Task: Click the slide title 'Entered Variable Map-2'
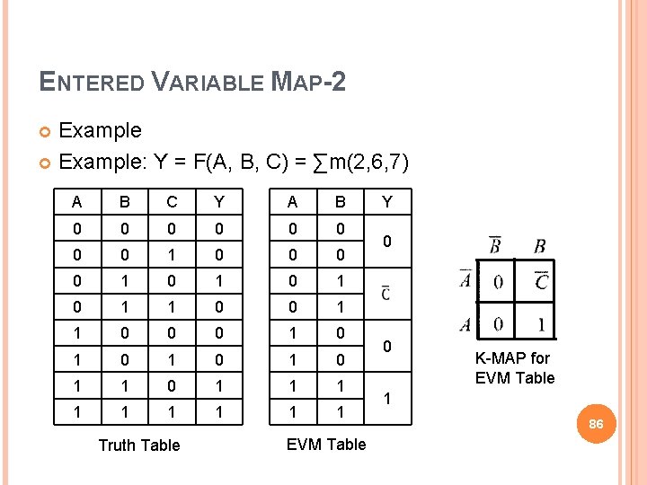(193, 83)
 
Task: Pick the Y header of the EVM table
(386, 201)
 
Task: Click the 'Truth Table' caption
(138, 445)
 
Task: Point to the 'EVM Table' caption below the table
(325, 444)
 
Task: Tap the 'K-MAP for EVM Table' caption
(514, 368)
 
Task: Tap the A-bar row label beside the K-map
(465, 279)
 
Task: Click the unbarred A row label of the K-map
(465, 322)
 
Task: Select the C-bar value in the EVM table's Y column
(386, 293)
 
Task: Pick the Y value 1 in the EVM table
(386, 396)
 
